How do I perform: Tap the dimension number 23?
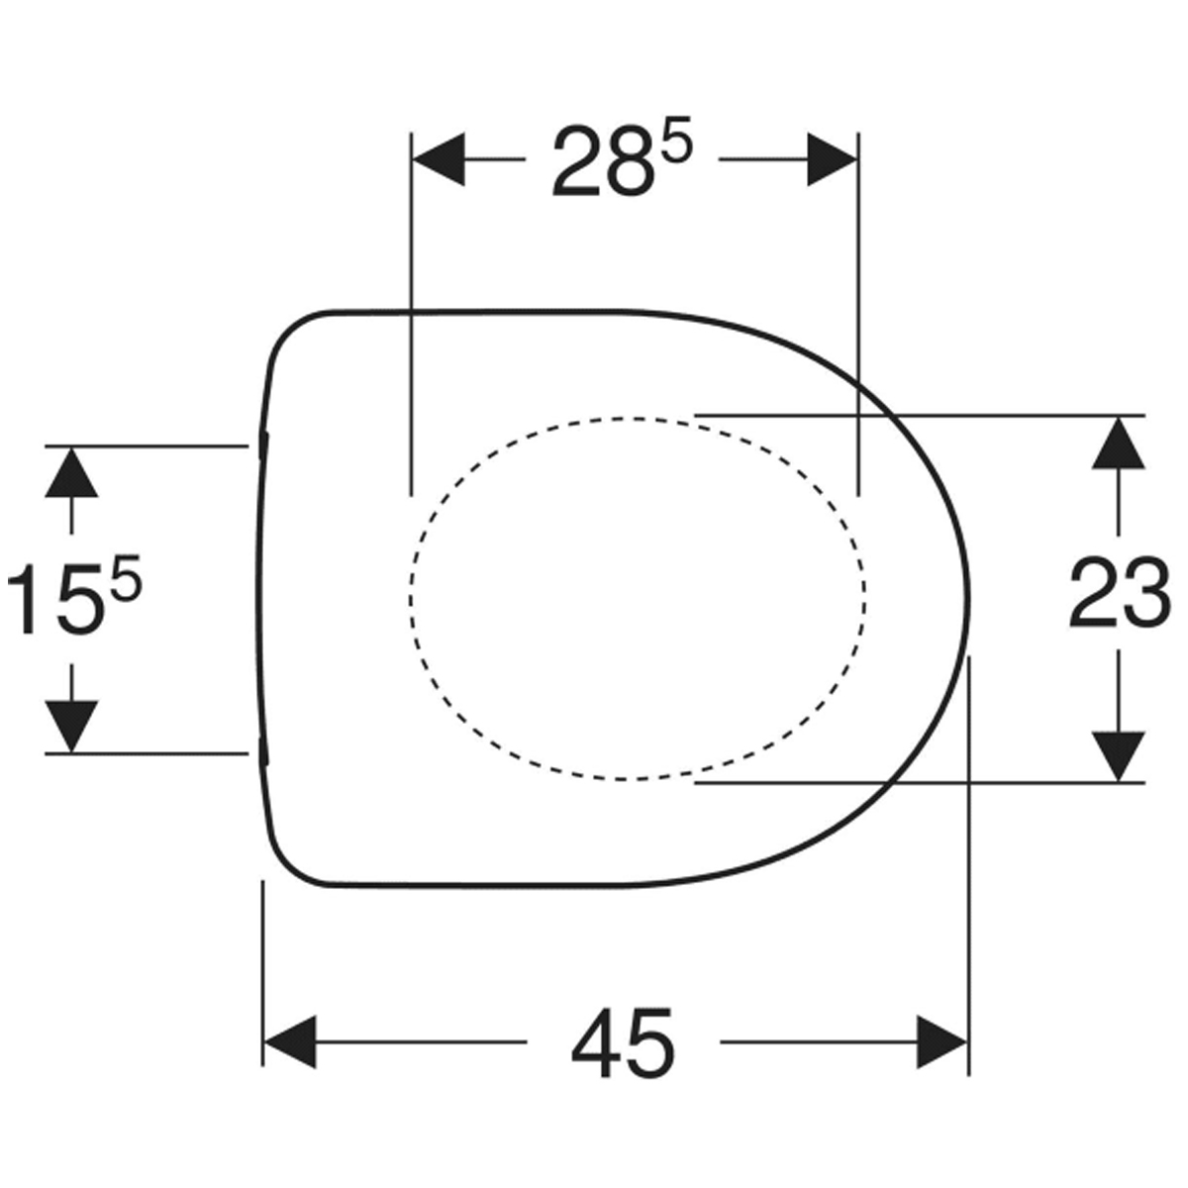pos(1120,592)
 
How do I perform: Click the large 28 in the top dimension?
pos(602,162)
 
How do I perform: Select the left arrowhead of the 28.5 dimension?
pos(439,159)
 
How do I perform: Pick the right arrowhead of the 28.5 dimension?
pos(833,159)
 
